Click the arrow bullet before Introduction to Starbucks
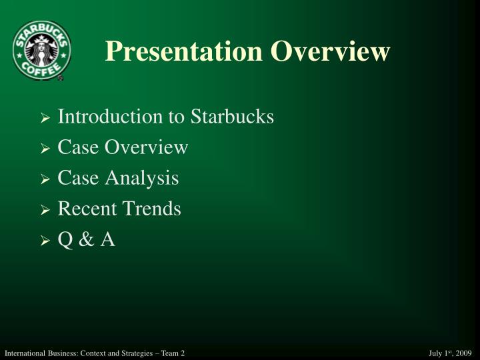point(45,119)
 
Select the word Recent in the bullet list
point(85,209)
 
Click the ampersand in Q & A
point(85,239)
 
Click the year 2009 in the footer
point(465,352)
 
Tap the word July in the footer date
point(435,352)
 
